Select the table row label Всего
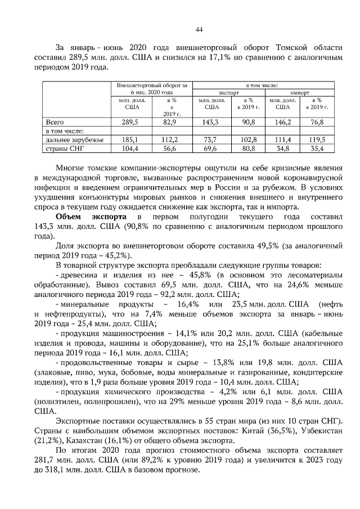tap(55, 121)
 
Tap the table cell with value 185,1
tap(130, 139)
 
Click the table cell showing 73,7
tap(211, 139)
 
